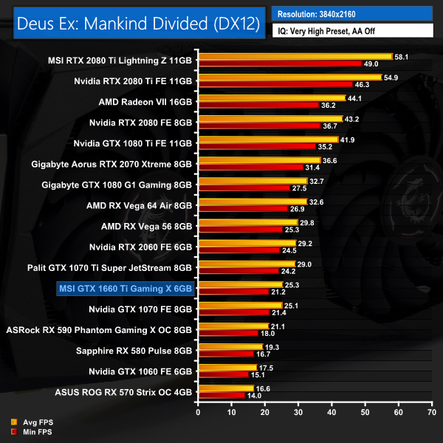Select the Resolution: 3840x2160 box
pyautogui.click(x=351, y=14)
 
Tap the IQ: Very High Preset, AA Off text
pyautogui.click(x=351, y=32)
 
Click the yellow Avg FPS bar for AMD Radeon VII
pyautogui.click(x=271, y=98)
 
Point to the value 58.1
pyautogui.click(x=403, y=56)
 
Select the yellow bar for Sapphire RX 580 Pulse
pyautogui.click(x=230, y=346)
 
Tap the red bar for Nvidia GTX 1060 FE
pyautogui.click(x=222, y=374)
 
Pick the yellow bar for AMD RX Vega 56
pyautogui.click(x=247, y=222)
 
